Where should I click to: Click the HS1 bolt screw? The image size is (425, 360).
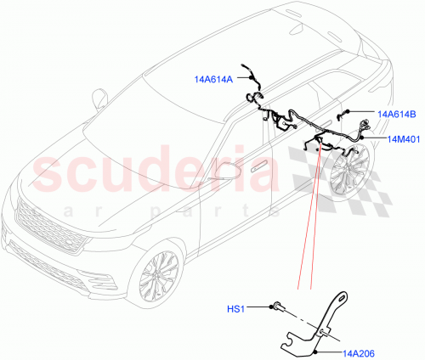click(x=278, y=307)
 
